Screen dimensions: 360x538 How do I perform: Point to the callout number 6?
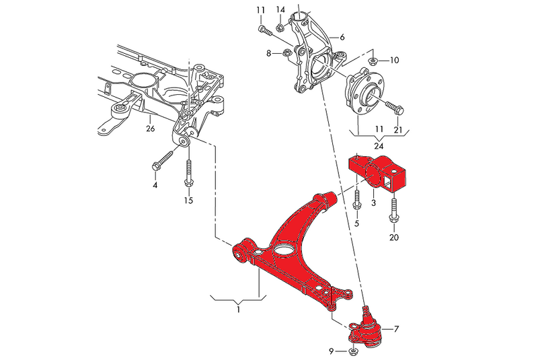coord(342,36)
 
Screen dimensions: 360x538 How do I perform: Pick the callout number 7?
coord(396,329)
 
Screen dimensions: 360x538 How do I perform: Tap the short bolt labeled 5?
coord(357,200)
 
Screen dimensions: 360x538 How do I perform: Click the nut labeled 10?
coord(373,61)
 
